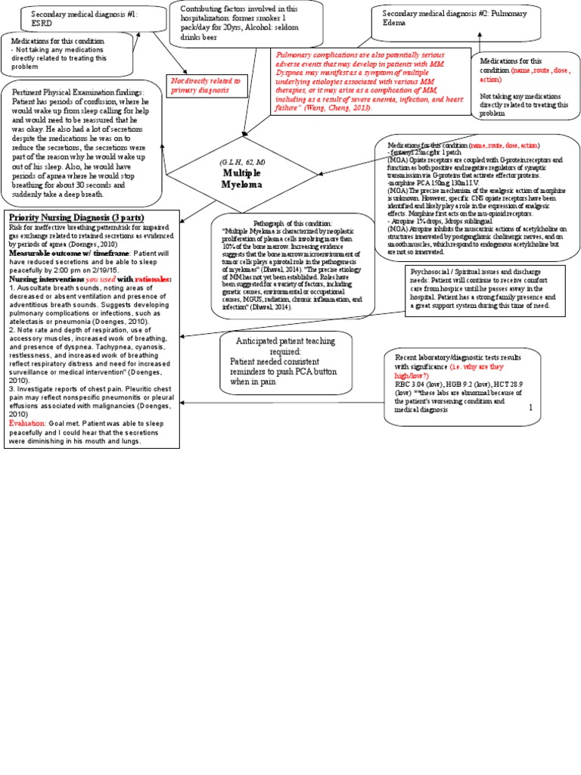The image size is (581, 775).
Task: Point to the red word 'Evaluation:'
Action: coord(28,423)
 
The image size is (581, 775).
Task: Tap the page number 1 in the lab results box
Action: coord(530,407)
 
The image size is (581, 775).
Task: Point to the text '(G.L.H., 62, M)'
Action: coord(242,163)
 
